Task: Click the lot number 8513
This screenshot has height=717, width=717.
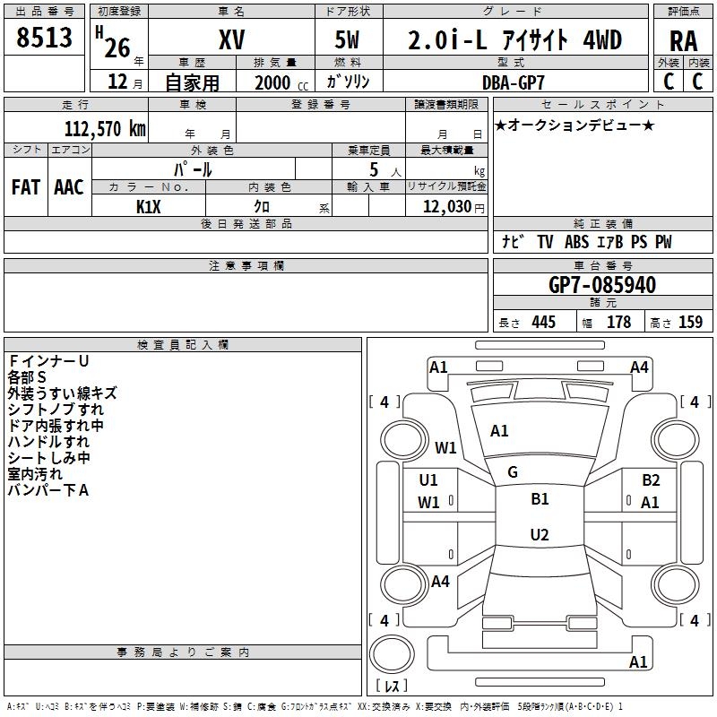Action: (x=44, y=38)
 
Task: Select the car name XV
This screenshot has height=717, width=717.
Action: (x=232, y=39)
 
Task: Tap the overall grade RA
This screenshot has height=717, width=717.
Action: (x=683, y=41)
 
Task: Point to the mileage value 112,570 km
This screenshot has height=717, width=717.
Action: (x=105, y=129)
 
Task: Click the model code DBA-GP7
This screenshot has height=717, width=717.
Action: (x=514, y=82)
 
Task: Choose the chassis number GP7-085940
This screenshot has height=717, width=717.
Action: (x=602, y=285)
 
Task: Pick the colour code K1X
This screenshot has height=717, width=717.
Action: (x=149, y=207)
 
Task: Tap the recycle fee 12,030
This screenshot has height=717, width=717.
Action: (x=447, y=207)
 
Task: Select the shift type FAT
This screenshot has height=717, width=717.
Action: (x=26, y=187)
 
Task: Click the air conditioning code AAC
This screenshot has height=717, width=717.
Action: (x=69, y=187)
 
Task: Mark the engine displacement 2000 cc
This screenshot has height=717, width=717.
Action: (x=281, y=82)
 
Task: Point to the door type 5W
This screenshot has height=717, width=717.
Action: (x=347, y=39)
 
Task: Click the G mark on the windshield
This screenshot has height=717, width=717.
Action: (x=513, y=472)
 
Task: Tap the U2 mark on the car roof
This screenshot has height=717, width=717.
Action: (x=540, y=534)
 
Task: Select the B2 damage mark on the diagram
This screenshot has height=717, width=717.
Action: (x=651, y=480)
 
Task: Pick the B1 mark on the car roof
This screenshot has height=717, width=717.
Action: (x=540, y=499)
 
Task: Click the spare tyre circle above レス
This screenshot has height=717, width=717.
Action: (x=392, y=654)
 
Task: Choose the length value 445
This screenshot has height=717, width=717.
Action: (x=544, y=323)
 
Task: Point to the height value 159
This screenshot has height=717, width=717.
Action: (x=690, y=323)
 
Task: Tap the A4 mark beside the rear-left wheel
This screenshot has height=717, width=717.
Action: (x=440, y=582)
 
